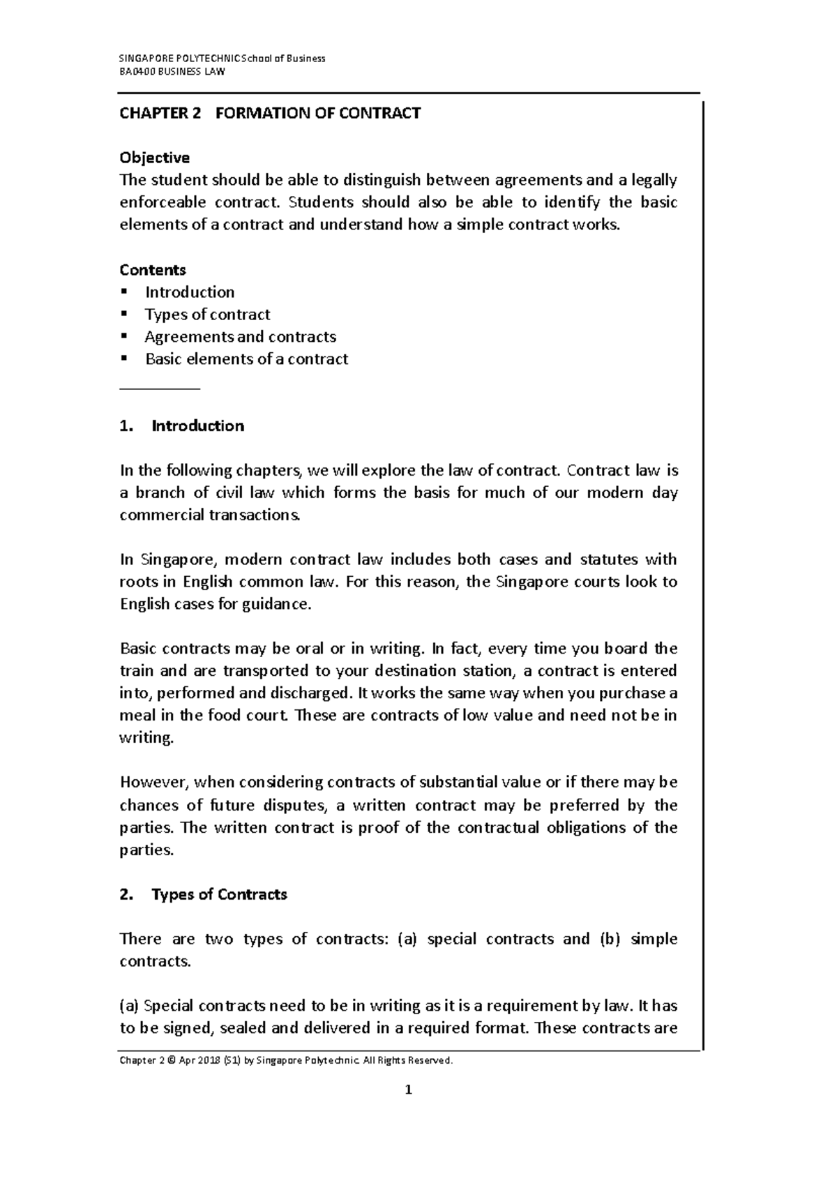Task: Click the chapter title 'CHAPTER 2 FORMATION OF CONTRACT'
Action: tap(270, 113)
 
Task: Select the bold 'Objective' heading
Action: tap(154, 158)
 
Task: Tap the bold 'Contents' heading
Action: tap(153, 270)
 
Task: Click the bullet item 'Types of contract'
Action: tap(207, 315)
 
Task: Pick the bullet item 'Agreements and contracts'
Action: tap(240, 337)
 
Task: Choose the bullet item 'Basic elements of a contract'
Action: tap(246, 359)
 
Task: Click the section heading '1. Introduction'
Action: tap(182, 426)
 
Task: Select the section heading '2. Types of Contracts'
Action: tap(203, 895)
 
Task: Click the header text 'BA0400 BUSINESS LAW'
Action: tap(172, 71)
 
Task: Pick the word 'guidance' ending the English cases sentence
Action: tap(276, 605)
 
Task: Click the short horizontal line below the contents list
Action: tap(160, 387)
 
